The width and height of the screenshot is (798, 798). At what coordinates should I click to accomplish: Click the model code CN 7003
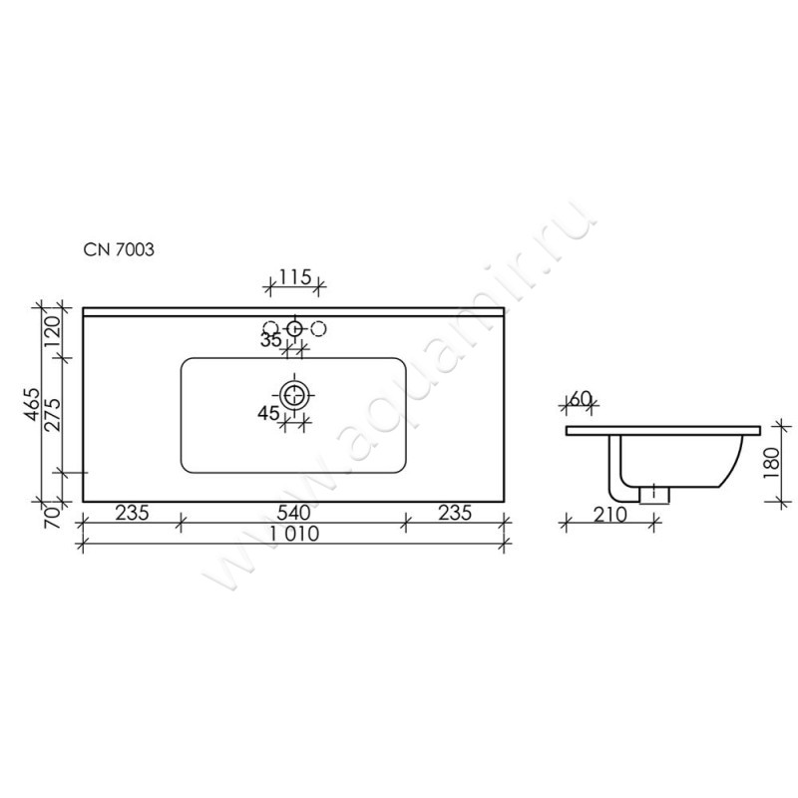coord(119,249)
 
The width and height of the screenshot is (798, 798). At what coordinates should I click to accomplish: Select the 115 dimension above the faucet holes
coord(294,277)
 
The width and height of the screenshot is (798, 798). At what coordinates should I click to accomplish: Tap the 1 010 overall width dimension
coord(294,534)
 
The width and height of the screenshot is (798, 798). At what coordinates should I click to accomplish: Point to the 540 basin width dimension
coord(293,512)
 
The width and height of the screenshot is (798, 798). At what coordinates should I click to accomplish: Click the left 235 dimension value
coord(132,513)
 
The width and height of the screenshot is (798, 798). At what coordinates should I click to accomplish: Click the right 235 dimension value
coord(455,513)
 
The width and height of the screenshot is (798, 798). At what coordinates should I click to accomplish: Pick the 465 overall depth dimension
coord(33,404)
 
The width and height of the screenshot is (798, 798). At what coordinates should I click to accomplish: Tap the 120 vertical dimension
coord(54,332)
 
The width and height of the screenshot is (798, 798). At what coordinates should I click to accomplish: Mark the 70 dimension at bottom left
coord(54,517)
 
